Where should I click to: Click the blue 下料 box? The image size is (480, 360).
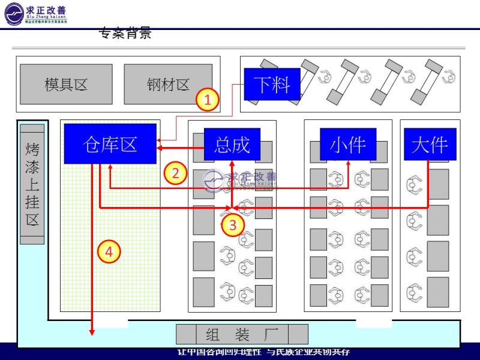coord(272,84)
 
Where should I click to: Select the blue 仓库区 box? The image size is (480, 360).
coord(110,143)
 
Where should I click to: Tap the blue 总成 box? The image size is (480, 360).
coord(232,144)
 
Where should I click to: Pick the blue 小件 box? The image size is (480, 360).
coord(347,144)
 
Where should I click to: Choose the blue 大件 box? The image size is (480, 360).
coord(430,144)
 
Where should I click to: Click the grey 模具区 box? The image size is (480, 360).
coord(66,84)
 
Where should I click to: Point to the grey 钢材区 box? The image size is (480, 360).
coord(167,84)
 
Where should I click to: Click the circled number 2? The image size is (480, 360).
coord(175,173)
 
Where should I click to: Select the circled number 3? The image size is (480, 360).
coord(233,225)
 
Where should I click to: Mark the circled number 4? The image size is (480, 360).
coord(109,251)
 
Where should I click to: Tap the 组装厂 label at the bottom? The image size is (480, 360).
coord(242,334)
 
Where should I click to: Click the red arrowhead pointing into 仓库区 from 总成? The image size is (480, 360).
coord(160,148)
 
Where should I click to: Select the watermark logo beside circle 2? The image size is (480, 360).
coord(240,179)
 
